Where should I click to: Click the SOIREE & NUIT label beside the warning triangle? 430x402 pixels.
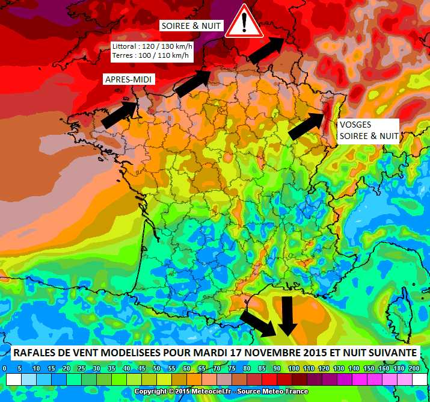(191, 26)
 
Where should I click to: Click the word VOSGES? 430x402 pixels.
(355, 125)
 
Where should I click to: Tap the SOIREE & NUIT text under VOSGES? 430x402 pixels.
(369, 136)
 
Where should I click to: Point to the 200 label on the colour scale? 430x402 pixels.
(413, 368)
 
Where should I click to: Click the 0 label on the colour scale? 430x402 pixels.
(5, 368)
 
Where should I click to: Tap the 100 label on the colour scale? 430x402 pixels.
(293, 368)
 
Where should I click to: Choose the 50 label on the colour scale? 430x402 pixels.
(157, 368)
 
